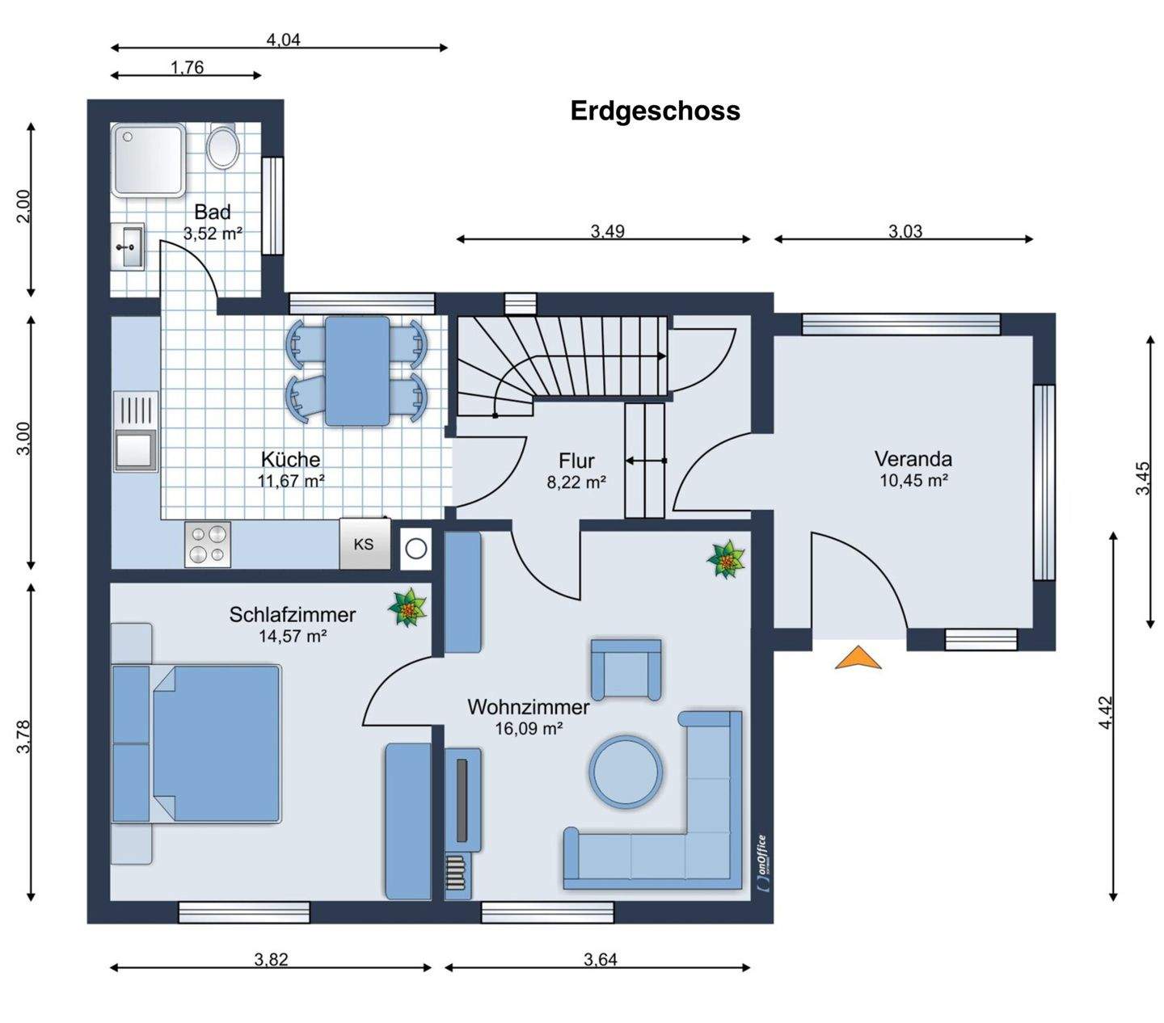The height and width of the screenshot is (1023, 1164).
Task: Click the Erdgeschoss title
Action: click(x=655, y=111)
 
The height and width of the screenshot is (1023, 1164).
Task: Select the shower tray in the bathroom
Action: click(x=149, y=160)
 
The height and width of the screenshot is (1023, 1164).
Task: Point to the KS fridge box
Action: click(x=365, y=544)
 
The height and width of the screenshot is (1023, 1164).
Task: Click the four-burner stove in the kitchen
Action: click(x=208, y=544)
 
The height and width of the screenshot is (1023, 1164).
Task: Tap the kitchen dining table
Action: click(x=357, y=371)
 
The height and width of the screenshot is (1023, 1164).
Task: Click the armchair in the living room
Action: click(x=626, y=670)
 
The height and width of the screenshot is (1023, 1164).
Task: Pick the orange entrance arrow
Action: click(x=858, y=657)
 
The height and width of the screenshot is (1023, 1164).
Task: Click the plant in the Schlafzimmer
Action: click(x=407, y=608)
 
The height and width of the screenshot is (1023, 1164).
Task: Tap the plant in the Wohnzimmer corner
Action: click(x=726, y=559)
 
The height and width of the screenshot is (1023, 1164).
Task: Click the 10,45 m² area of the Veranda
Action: click(x=913, y=480)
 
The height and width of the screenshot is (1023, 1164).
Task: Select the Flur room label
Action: click(x=576, y=461)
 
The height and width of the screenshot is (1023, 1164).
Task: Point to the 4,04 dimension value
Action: click(x=283, y=40)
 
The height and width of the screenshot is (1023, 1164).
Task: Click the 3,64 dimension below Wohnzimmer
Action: click(x=601, y=959)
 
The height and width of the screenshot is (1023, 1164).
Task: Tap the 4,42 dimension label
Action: click(x=1106, y=713)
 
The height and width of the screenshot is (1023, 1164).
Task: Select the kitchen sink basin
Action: click(x=135, y=450)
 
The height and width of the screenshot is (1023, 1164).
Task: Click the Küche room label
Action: click(x=291, y=460)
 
